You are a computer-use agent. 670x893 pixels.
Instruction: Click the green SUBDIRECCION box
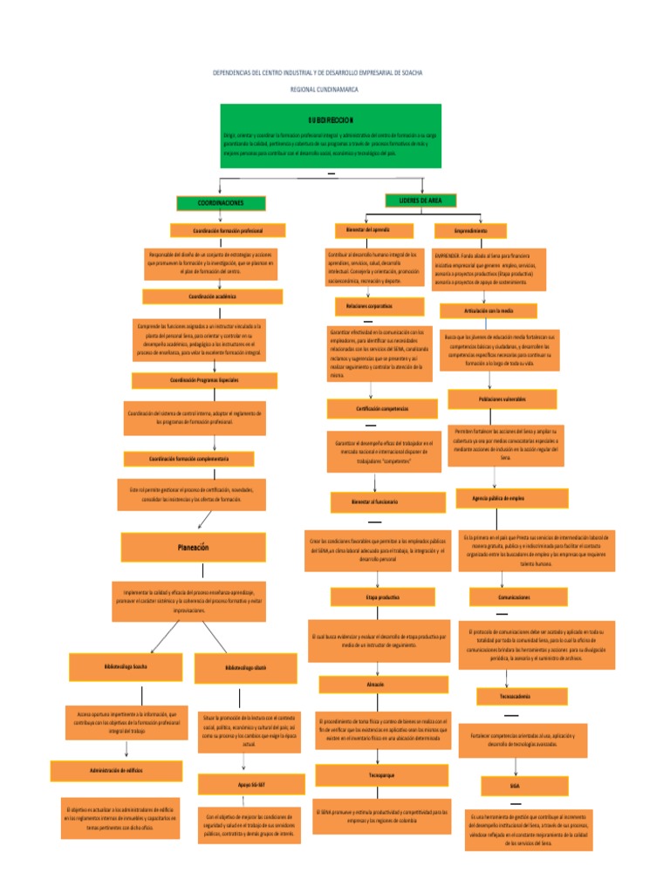331,135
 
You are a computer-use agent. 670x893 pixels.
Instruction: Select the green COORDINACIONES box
220,202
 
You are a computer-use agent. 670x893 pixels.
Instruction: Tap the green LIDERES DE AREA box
420,201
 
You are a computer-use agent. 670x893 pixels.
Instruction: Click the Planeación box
193,548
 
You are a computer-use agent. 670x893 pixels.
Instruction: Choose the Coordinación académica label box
213,297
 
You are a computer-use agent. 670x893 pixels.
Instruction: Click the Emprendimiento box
470,231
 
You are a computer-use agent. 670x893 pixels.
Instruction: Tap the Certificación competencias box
381,408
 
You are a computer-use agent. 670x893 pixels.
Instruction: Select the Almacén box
376,685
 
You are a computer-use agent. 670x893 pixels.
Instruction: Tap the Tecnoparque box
382,774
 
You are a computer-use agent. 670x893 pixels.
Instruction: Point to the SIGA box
515,785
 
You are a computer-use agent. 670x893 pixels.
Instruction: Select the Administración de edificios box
116,771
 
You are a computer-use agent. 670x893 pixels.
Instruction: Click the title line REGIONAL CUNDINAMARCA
324,90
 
